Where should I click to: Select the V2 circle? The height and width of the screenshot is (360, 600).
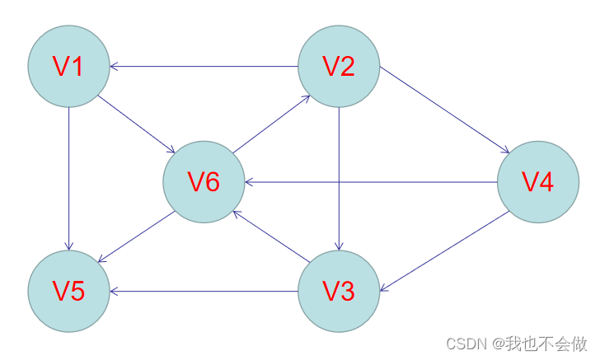(338, 66)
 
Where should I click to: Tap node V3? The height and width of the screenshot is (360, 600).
(338, 291)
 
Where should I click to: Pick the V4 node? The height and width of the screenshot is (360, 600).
(538, 182)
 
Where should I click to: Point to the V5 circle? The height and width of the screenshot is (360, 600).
(69, 291)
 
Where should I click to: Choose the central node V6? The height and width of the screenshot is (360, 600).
(204, 182)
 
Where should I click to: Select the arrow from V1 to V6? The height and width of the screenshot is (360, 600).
(136, 124)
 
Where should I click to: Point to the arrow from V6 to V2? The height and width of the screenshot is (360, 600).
(271, 124)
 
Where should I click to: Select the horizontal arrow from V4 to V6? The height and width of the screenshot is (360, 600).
(412, 182)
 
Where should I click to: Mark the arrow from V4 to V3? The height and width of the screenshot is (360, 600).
(440, 251)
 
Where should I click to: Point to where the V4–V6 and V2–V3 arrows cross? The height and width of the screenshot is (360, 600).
(339, 182)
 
